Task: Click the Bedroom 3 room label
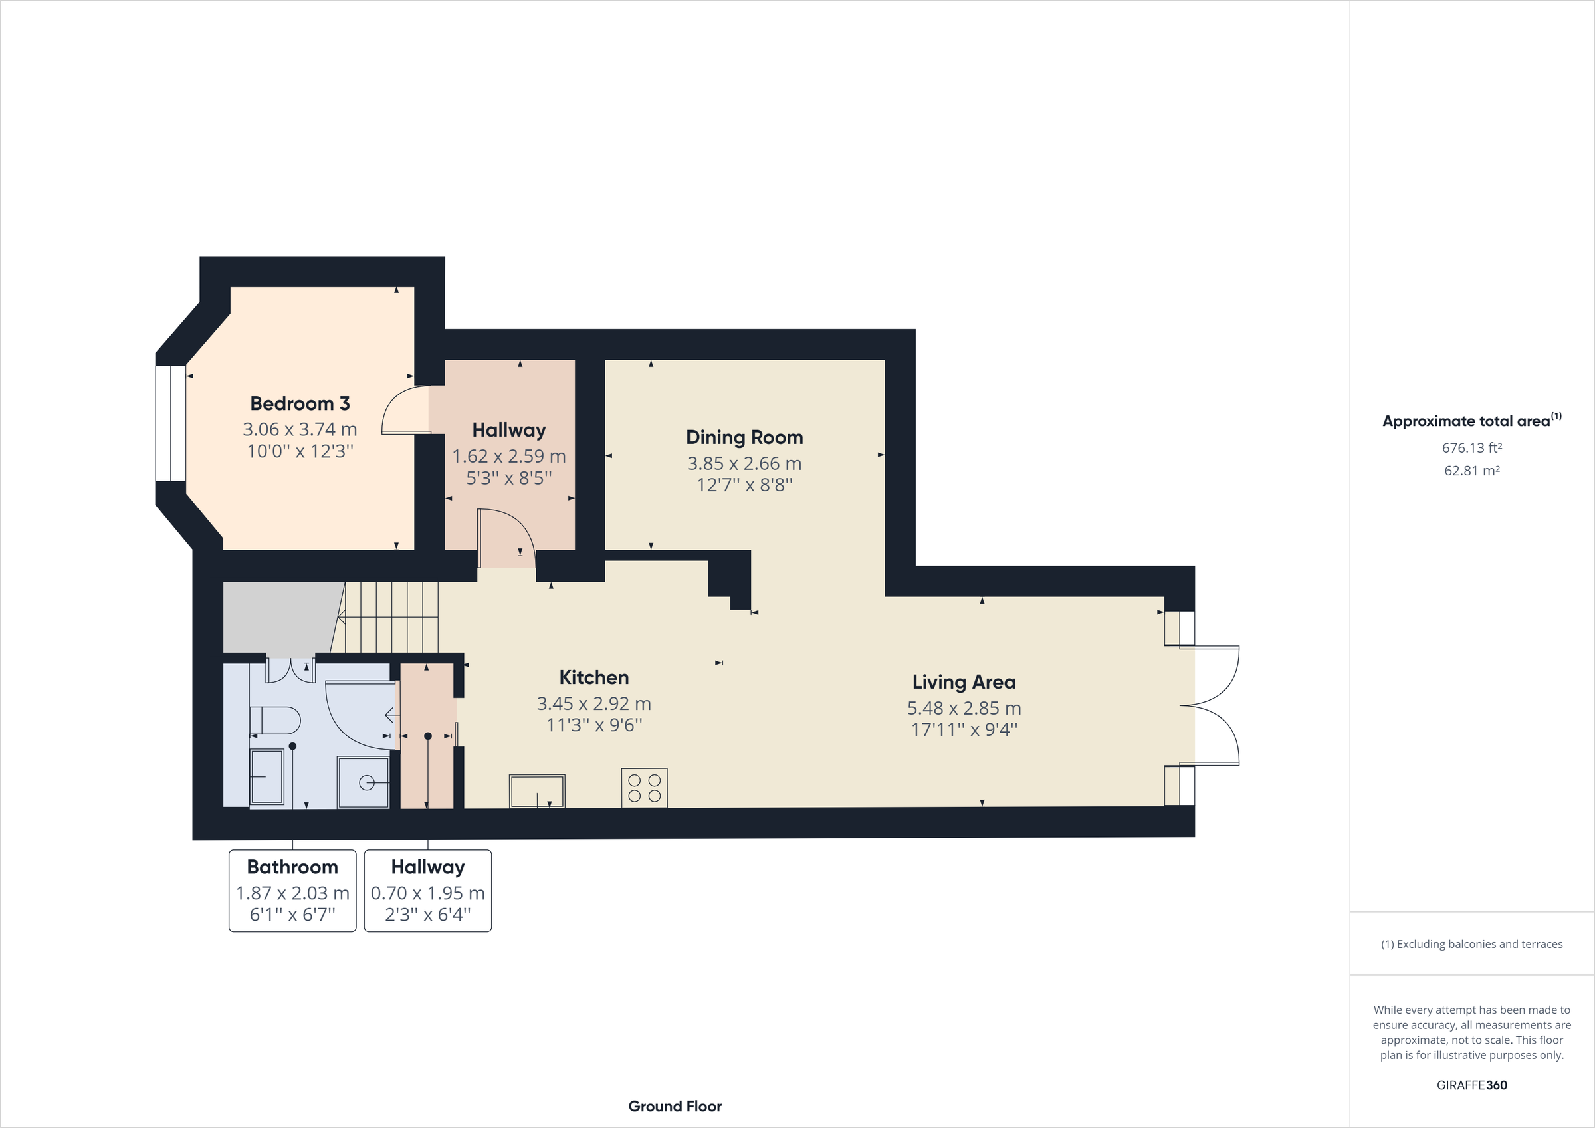[300, 403]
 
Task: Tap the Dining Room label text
[744, 437]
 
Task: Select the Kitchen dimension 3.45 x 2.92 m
[593, 703]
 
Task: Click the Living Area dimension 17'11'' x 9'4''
[964, 729]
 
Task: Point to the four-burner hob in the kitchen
[644, 788]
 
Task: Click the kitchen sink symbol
[537, 791]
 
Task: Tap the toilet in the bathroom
[275, 720]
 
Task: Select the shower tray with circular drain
[363, 782]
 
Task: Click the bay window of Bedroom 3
[170, 423]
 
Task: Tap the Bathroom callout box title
[292, 867]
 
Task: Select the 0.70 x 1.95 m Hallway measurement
[427, 893]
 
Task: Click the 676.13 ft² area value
[1471, 448]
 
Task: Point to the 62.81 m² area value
[1471, 471]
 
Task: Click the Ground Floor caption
[675, 1107]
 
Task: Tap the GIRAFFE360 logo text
[1471, 1085]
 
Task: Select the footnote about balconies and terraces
[1471, 944]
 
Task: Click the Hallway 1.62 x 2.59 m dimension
[508, 457]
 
